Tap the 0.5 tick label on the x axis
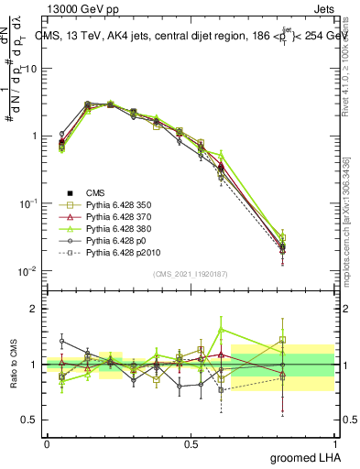click(191, 442)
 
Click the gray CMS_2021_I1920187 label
click(191, 274)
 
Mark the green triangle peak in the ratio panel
click(221, 330)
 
